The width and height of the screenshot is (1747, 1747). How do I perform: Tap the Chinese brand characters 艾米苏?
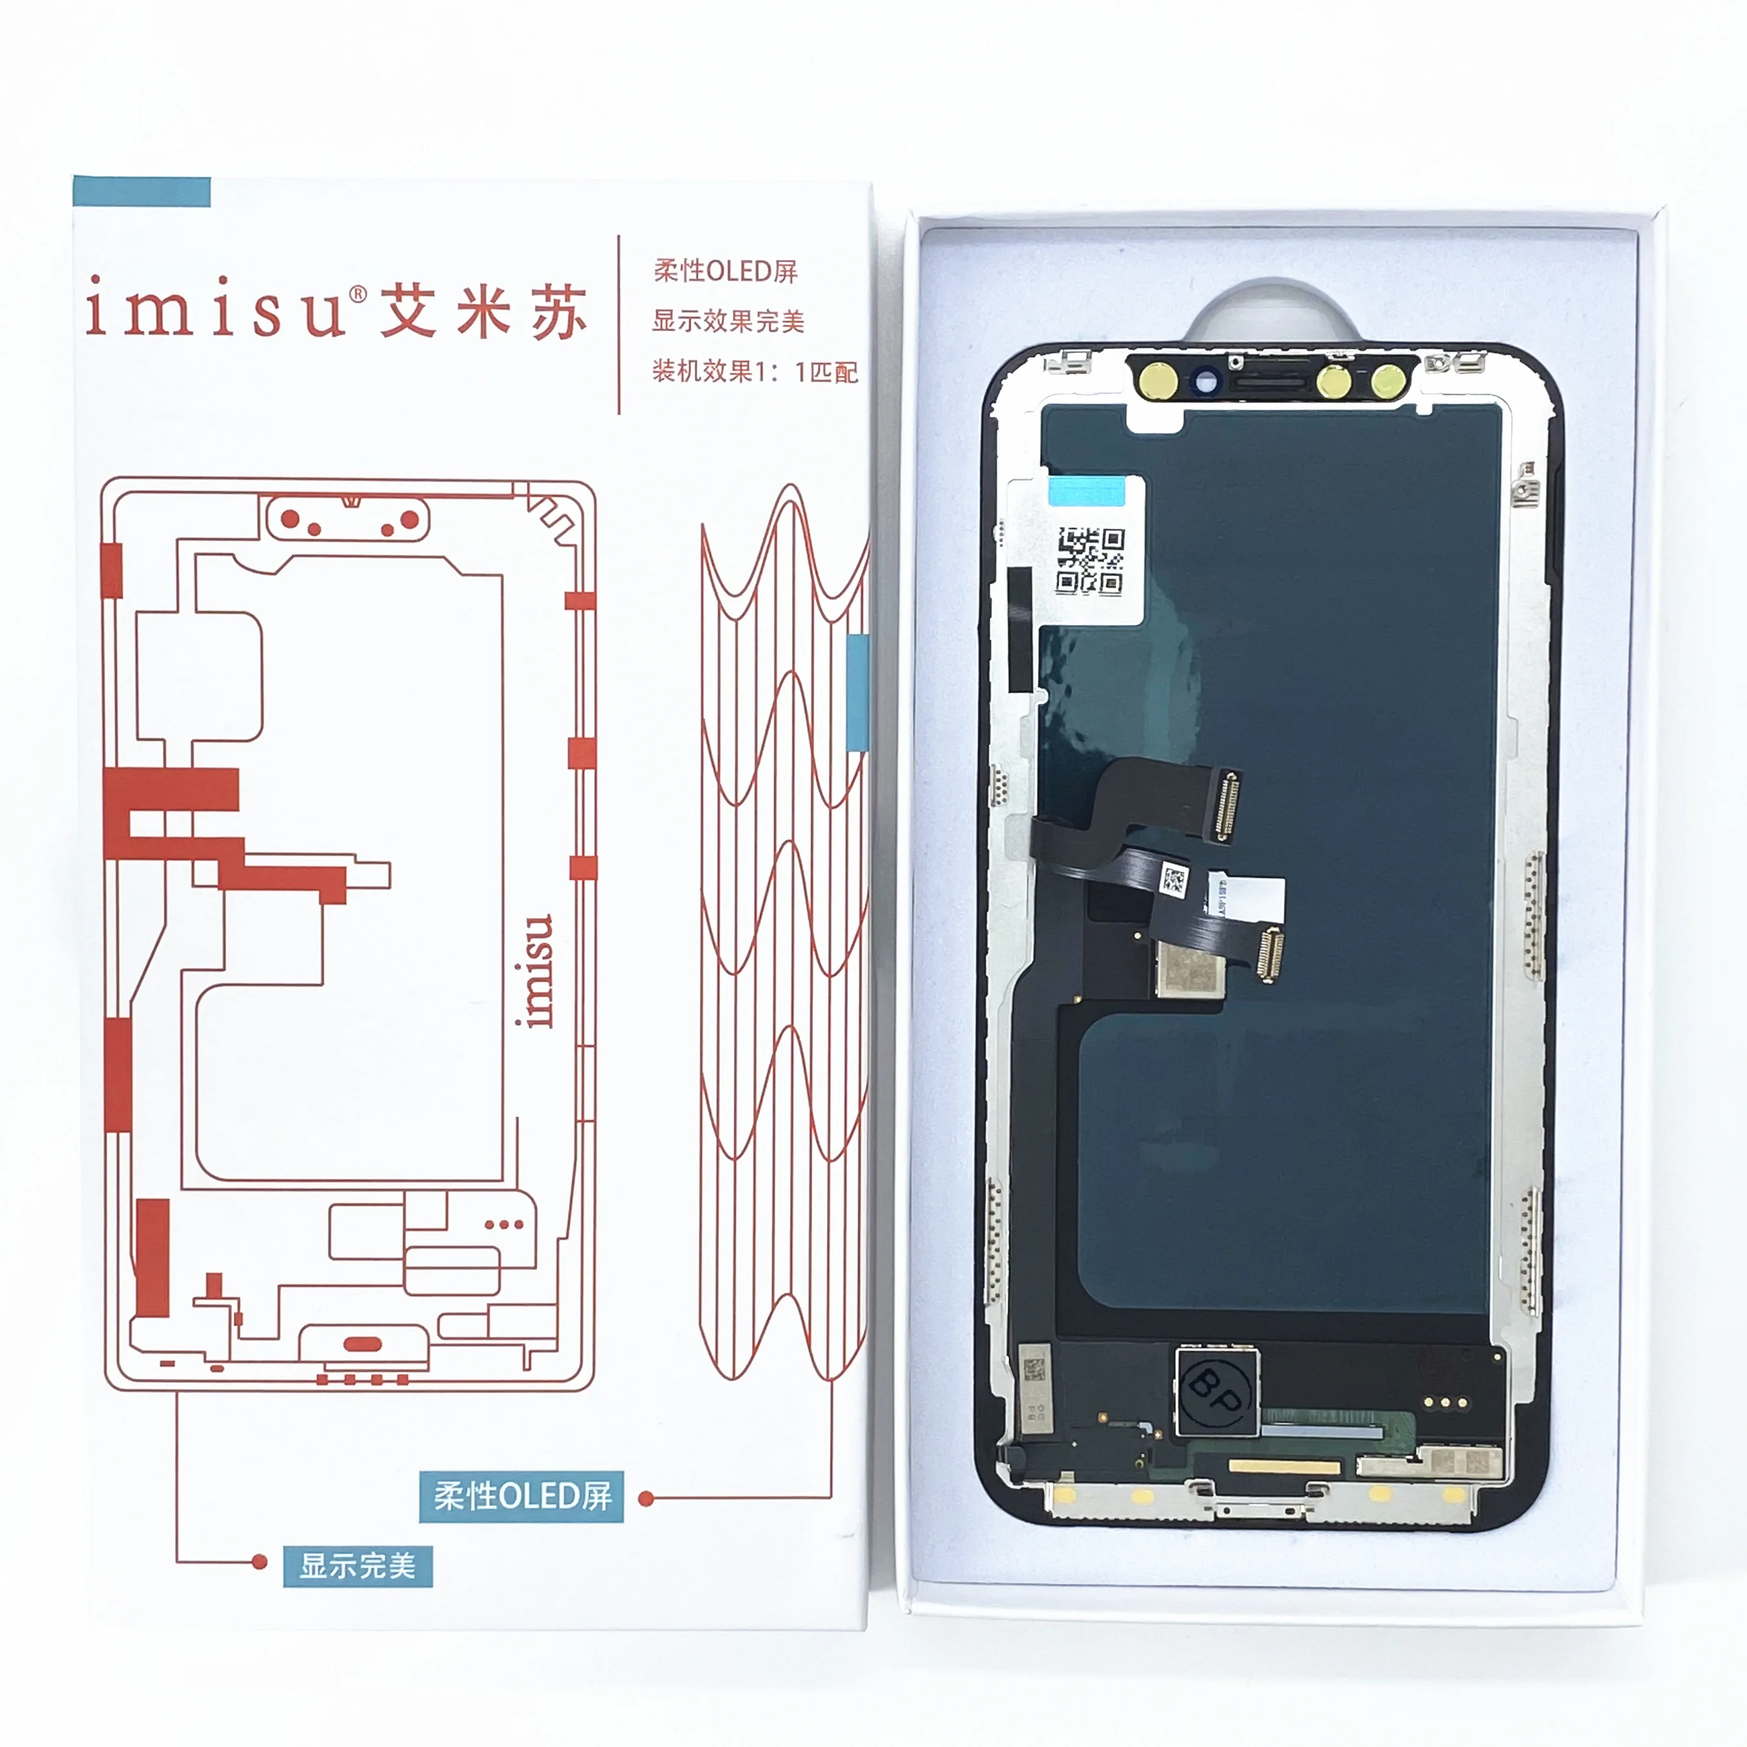click(x=483, y=312)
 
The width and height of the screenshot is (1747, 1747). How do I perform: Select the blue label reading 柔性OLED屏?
click(x=522, y=1496)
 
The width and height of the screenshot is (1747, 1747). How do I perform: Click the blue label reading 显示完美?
click(x=357, y=1566)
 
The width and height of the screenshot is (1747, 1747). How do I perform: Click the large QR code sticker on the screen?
click(x=1090, y=561)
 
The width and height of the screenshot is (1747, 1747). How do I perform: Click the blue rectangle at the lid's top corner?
click(x=141, y=191)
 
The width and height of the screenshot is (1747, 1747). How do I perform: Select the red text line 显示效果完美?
click(x=728, y=321)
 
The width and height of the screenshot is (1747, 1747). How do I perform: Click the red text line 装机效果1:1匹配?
click(x=754, y=371)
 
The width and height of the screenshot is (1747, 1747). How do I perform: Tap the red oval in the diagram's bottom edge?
click(x=364, y=1344)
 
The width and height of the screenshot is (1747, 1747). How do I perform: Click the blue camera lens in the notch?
click(x=1205, y=382)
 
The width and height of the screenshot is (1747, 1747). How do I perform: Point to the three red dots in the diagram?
click(x=504, y=1225)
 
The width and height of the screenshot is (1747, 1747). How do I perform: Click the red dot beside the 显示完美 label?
click(x=260, y=1561)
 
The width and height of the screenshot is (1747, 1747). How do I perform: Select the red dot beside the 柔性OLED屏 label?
click(x=646, y=1499)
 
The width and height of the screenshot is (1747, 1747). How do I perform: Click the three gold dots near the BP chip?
click(x=1445, y=1403)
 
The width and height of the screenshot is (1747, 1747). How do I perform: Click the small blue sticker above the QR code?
click(x=1086, y=490)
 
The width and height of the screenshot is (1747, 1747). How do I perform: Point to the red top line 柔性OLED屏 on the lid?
click(x=725, y=270)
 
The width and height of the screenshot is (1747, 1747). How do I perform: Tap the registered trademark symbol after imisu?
click(x=358, y=293)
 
